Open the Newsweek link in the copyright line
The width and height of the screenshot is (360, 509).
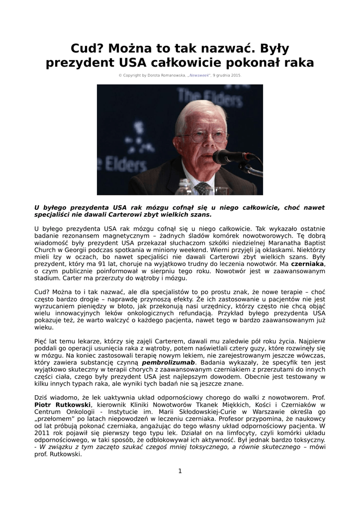[198, 75]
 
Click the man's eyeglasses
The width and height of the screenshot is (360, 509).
[205, 137]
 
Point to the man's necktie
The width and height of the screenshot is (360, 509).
[202, 188]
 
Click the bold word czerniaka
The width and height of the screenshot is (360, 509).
[307, 264]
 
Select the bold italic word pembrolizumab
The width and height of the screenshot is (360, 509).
[168, 362]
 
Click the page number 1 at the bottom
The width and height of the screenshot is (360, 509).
[180, 471]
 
